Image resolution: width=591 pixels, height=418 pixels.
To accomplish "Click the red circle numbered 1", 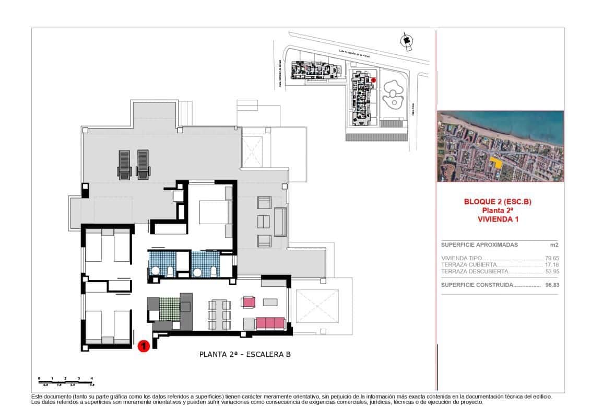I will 144,346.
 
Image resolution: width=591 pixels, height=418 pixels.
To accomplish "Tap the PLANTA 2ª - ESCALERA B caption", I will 245,354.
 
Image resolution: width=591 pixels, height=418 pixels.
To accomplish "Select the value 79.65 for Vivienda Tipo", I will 551,258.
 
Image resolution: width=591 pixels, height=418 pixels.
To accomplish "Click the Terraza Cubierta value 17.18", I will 551,265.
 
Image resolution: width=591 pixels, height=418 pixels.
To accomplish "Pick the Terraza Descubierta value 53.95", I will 551,272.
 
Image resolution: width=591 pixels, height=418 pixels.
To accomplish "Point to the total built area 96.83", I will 551,285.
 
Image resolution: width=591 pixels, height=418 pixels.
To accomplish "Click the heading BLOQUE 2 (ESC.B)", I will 498,202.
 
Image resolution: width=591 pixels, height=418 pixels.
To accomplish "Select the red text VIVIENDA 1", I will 498,219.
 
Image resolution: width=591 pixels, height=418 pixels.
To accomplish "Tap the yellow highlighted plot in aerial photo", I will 497,161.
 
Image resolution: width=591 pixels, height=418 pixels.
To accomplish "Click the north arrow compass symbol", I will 406,42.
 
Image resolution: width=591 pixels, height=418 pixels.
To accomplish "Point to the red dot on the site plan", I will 373,80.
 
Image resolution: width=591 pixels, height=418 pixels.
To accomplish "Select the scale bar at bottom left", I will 66,380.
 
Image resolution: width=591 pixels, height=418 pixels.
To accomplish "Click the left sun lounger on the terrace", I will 124,165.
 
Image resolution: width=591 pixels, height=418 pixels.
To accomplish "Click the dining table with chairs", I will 219,315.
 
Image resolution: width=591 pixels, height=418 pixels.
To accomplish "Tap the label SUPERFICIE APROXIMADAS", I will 479,245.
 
